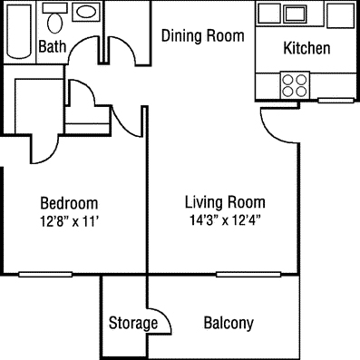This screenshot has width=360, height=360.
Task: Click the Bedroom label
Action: pyautogui.click(x=69, y=203)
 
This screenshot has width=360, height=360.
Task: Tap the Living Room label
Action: pyautogui.click(x=225, y=202)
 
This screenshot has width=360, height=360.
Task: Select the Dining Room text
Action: pyautogui.click(x=203, y=35)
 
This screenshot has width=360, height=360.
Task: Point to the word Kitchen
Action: pyautogui.click(x=306, y=48)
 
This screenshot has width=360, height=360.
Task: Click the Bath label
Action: pyautogui.click(x=53, y=46)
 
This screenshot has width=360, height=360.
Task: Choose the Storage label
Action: pyautogui.click(x=133, y=323)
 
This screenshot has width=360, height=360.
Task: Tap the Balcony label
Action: pyautogui.click(x=229, y=323)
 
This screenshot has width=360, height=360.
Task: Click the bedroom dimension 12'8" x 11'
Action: pyautogui.click(x=70, y=221)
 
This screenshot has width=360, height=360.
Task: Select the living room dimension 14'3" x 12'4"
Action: pyautogui.click(x=225, y=220)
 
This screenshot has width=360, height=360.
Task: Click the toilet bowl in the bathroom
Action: pyautogui.click(x=55, y=24)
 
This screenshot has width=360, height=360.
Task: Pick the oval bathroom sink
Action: pyautogui.click(x=87, y=12)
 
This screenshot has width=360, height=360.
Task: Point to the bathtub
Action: pyautogui.click(x=19, y=31)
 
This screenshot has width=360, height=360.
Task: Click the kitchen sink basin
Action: pyautogui.click(x=296, y=14)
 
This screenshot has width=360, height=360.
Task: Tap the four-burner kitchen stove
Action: pyautogui.click(x=295, y=85)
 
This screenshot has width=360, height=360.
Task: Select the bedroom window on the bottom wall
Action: pyautogui.click(x=45, y=275)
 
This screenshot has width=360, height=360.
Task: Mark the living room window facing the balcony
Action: pyautogui.click(x=248, y=275)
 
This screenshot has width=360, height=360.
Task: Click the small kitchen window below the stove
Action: pyautogui.click(x=336, y=101)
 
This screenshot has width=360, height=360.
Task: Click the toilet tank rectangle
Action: pyautogui.click(x=54, y=8)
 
